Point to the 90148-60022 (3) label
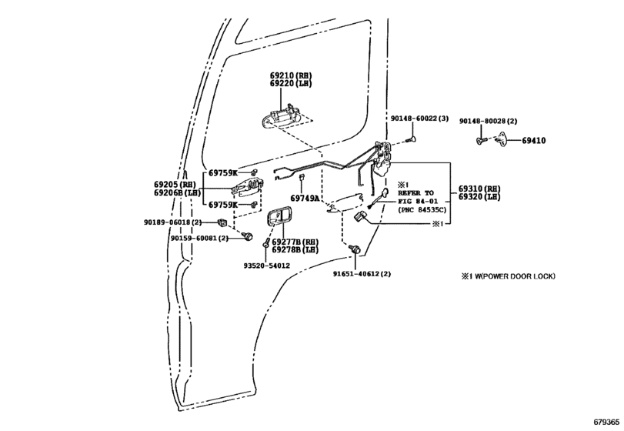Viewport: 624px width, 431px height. pyautogui.click(x=419, y=119)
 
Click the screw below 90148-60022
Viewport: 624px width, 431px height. pyautogui.click(x=411, y=139)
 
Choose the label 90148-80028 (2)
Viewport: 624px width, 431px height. pyautogui.click(x=489, y=121)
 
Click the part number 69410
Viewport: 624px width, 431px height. pyautogui.click(x=534, y=141)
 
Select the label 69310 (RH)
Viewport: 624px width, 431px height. pyautogui.click(x=479, y=189)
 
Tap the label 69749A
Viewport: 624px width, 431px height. pyautogui.click(x=305, y=199)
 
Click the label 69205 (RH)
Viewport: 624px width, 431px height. pyautogui.click(x=175, y=185)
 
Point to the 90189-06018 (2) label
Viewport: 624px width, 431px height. pyautogui.click(x=172, y=222)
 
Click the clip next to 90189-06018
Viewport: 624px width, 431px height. pyautogui.click(x=222, y=222)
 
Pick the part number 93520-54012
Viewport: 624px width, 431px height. pyautogui.click(x=267, y=266)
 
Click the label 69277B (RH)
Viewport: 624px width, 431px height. pyautogui.click(x=295, y=242)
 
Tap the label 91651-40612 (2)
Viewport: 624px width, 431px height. pyautogui.click(x=362, y=274)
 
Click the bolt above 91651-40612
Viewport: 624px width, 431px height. pyautogui.click(x=354, y=250)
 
